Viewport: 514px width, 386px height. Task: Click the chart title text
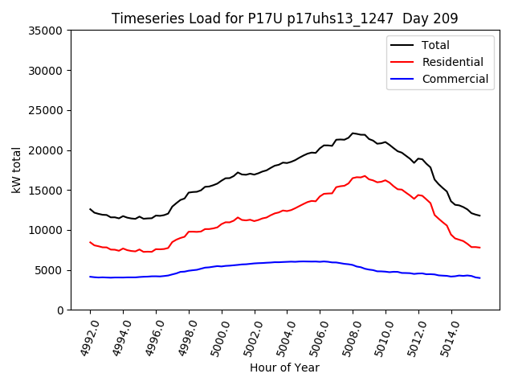(x=284, y=18)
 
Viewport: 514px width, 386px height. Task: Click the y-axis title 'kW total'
(x=17, y=170)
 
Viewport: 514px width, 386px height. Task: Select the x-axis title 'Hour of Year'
(x=284, y=368)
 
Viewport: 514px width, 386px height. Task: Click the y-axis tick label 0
(x=60, y=310)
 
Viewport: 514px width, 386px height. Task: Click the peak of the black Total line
(x=353, y=133)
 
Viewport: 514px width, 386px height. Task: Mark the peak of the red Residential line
(x=365, y=176)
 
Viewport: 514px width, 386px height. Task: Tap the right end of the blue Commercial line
(x=479, y=278)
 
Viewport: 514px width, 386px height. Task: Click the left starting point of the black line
(x=90, y=209)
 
